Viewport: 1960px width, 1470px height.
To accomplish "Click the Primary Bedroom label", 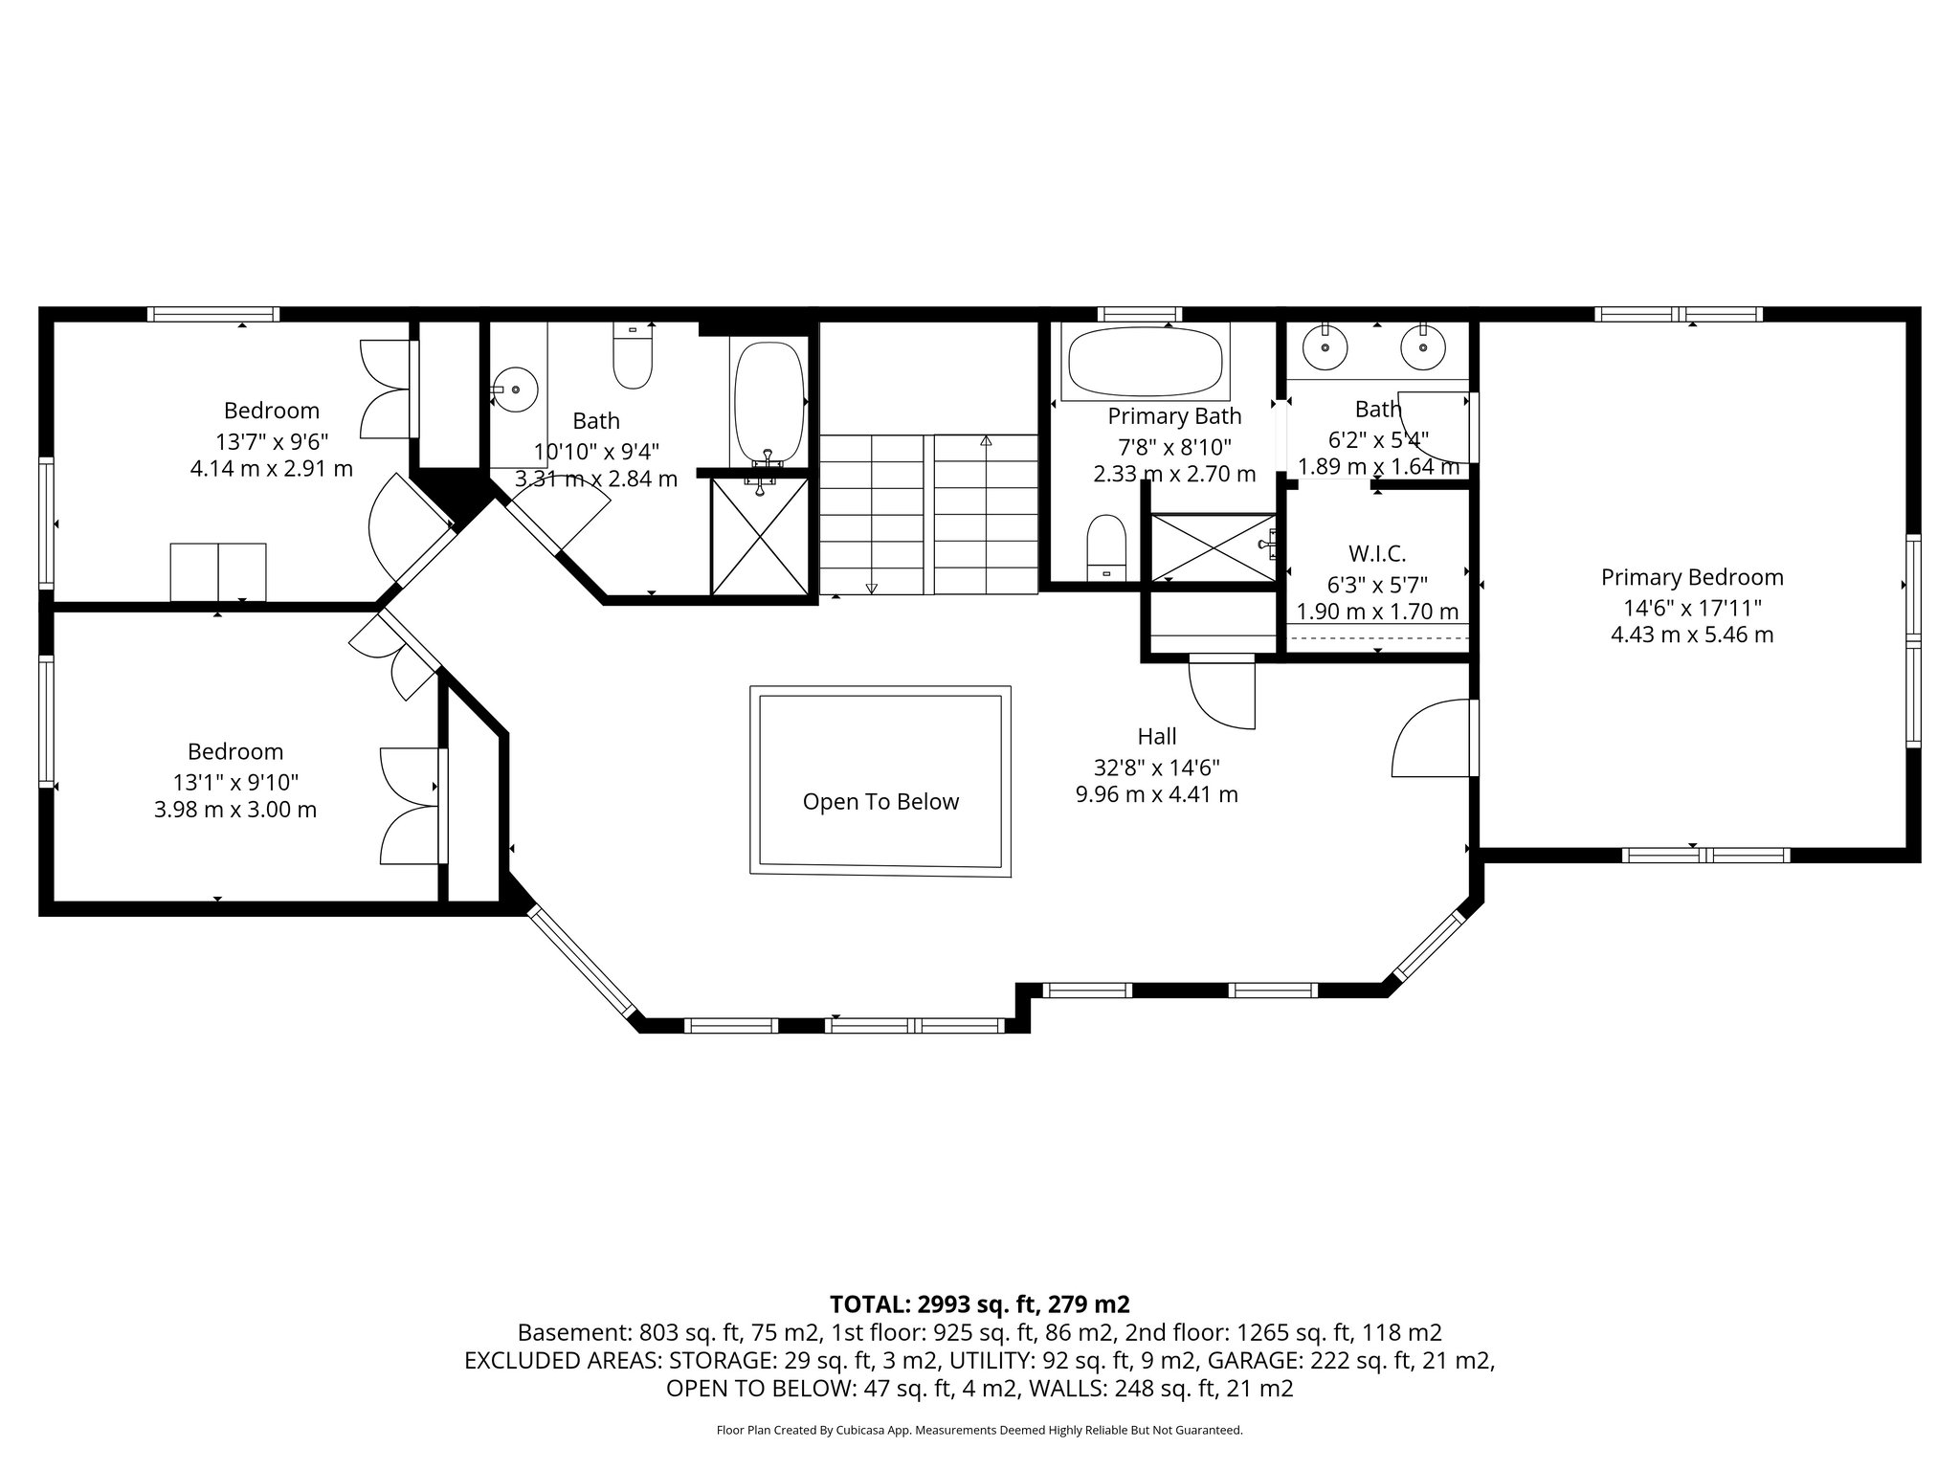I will click(1692, 577).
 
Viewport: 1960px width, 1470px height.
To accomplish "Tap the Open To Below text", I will click(880, 802).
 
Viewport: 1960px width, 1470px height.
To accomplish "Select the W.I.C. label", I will click(1377, 553).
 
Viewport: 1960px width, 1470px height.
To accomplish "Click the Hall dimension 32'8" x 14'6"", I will click(1156, 767).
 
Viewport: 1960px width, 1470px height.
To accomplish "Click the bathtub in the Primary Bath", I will click(1145, 362).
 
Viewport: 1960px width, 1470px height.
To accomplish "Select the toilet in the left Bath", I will click(633, 358).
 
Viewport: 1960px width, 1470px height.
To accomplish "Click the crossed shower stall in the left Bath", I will click(760, 537).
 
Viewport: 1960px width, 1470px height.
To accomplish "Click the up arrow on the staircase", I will click(986, 441).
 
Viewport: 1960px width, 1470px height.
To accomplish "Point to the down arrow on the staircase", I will click(871, 588).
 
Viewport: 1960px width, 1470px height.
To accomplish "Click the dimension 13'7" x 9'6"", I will click(272, 441).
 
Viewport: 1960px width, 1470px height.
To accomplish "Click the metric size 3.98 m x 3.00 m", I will click(235, 810).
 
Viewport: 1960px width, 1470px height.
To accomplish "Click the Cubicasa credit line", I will click(979, 1430).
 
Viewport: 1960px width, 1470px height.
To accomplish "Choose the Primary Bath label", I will click(1174, 416).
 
